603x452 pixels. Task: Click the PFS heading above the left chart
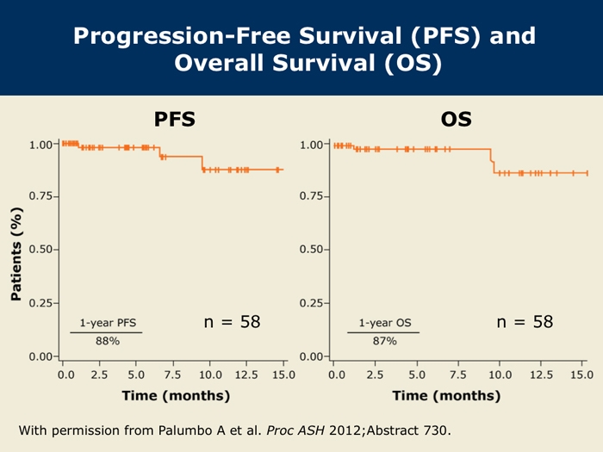click(174, 119)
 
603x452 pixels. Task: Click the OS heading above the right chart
click(456, 119)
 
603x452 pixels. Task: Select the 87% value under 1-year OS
click(384, 341)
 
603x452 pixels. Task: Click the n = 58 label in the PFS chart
click(232, 322)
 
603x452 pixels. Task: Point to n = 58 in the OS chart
click(525, 322)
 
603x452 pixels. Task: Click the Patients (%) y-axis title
click(16, 253)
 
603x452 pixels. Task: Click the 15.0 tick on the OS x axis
click(581, 375)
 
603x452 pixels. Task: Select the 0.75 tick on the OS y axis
click(313, 197)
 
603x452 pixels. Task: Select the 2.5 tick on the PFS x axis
click(100, 375)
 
